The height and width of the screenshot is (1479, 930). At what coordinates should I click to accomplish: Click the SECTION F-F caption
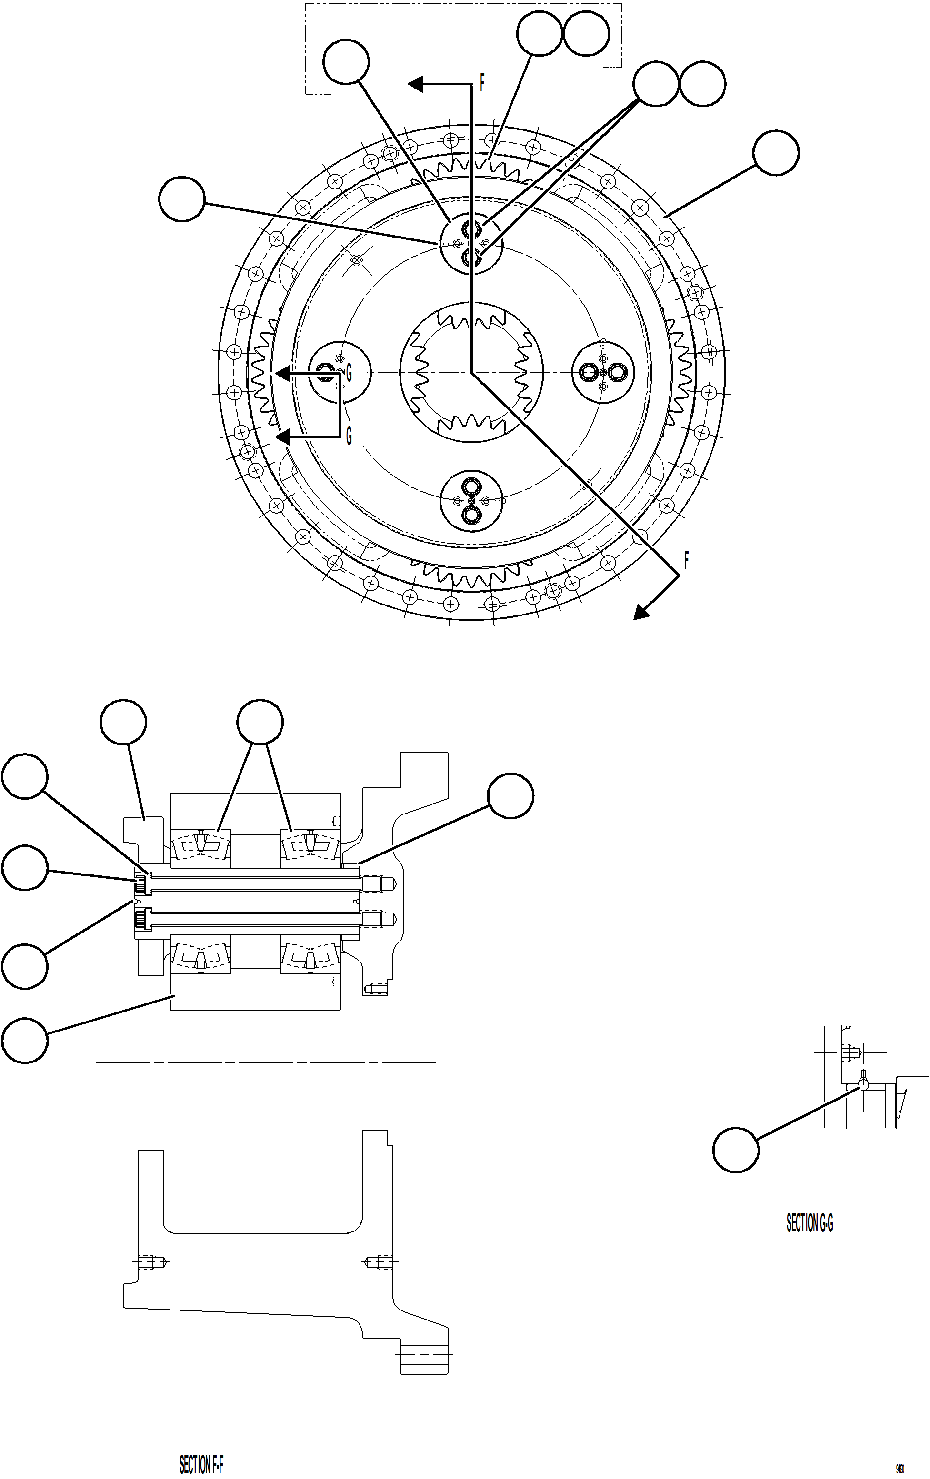click(x=201, y=1464)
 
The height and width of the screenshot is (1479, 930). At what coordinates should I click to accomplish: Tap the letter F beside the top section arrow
click(x=482, y=83)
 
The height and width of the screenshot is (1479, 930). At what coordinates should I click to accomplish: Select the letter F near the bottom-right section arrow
click(x=686, y=559)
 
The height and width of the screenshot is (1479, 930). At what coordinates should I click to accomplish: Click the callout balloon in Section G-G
click(x=735, y=1149)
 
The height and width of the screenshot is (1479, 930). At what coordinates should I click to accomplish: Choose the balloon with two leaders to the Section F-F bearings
click(x=260, y=722)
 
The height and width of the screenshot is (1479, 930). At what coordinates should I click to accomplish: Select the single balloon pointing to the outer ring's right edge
click(x=776, y=153)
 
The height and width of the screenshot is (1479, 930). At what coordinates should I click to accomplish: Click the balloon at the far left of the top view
click(x=181, y=199)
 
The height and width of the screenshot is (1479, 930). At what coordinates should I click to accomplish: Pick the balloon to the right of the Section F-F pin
click(x=510, y=796)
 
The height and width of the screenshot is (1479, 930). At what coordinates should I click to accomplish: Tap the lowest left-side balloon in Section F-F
click(x=25, y=1040)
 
